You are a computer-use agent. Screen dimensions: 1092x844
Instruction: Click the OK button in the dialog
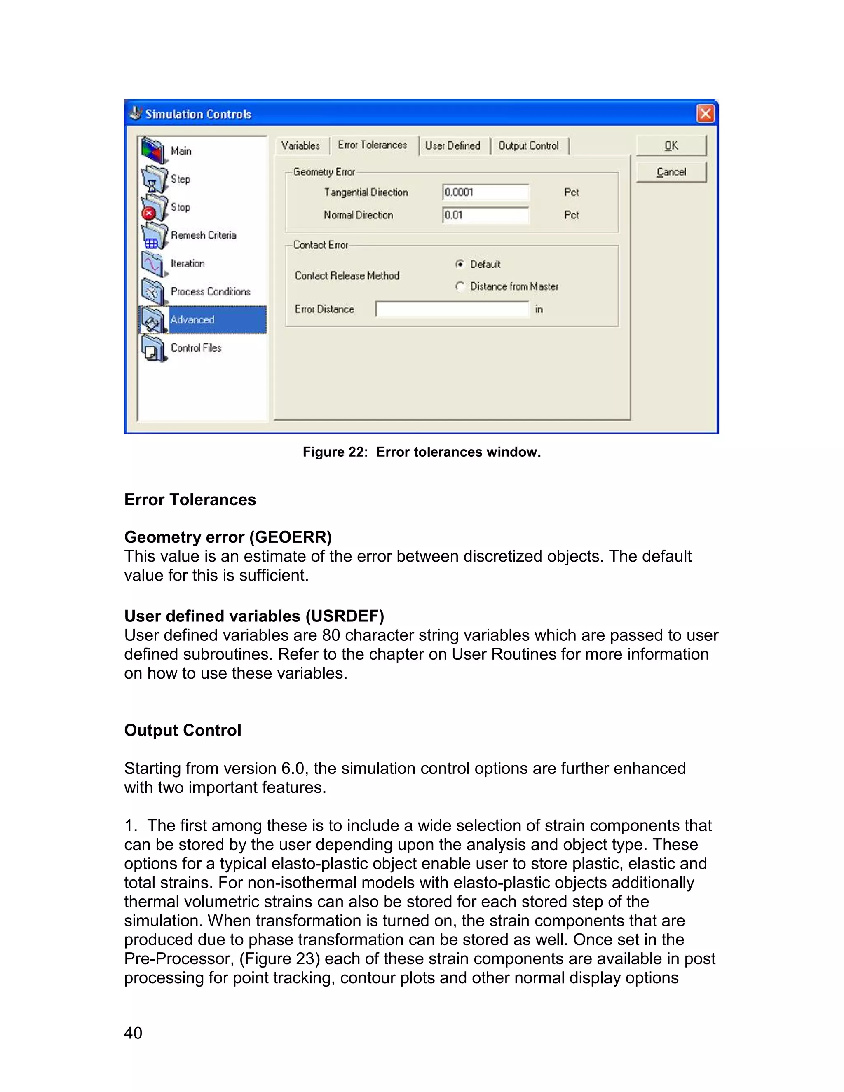coord(671,145)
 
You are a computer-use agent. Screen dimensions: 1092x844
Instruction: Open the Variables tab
coord(300,145)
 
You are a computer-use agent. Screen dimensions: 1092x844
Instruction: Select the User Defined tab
coord(452,145)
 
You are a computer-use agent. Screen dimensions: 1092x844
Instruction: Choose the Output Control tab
coord(528,145)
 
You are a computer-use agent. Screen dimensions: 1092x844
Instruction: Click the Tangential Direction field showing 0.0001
coord(485,192)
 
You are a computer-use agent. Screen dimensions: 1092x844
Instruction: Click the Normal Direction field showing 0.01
coord(485,215)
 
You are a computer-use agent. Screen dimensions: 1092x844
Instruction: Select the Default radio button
coord(460,264)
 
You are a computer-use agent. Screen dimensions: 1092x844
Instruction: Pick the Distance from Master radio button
coord(460,286)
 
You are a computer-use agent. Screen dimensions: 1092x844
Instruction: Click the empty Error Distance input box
coord(452,309)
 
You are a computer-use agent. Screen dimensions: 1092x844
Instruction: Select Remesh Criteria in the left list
coord(203,235)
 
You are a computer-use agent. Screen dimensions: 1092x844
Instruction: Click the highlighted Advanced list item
coord(202,319)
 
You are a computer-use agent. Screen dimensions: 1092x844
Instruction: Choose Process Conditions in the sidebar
coord(210,291)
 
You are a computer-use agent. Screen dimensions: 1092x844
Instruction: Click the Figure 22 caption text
coord(422,452)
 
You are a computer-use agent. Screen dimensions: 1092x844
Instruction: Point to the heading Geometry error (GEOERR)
coord(228,537)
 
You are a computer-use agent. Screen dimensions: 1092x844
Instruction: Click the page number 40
coord(133,1033)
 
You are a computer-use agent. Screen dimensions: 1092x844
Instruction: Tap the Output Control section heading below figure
coord(183,730)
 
